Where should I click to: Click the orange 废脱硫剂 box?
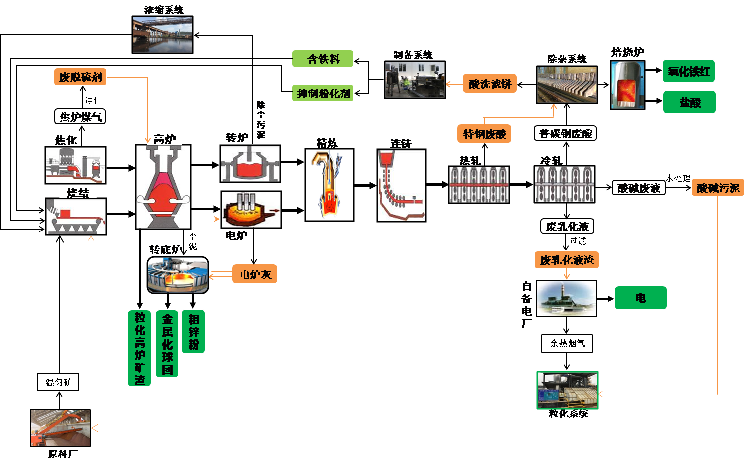point(80,77)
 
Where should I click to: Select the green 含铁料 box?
point(323,59)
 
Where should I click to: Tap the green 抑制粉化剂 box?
point(323,93)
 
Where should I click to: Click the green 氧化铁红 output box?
point(689,71)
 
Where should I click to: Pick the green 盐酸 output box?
point(689,102)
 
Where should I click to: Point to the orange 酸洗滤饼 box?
point(490,84)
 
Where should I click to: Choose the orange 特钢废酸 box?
point(484,134)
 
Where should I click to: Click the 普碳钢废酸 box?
point(565,133)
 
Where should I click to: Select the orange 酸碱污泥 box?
point(717,188)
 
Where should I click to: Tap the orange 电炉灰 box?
point(254,274)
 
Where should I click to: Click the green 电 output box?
point(640,298)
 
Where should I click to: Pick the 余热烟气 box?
point(567,343)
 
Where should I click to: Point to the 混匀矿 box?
point(58,382)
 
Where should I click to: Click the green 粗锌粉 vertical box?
point(193,332)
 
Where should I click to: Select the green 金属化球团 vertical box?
point(167,344)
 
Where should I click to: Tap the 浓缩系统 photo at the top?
point(162,35)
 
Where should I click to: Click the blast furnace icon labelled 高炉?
point(163,187)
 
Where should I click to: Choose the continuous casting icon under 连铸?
point(401,185)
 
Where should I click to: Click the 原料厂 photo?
point(60,428)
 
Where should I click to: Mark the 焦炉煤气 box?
point(80,117)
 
